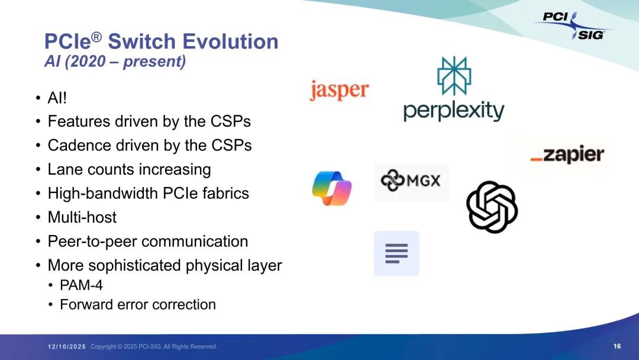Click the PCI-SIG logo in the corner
point(573,25)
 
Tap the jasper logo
point(340,89)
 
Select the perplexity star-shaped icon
point(454,76)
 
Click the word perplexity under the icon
point(454,111)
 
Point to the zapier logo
point(567,154)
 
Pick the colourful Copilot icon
point(332,188)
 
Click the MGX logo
point(411,180)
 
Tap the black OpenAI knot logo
point(492,207)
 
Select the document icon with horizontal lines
point(396,253)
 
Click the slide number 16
point(617,346)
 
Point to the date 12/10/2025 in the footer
point(67,346)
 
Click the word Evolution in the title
point(230,41)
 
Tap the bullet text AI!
point(57,98)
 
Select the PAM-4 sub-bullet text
point(81,285)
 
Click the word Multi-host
point(82,217)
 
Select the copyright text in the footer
point(154,346)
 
